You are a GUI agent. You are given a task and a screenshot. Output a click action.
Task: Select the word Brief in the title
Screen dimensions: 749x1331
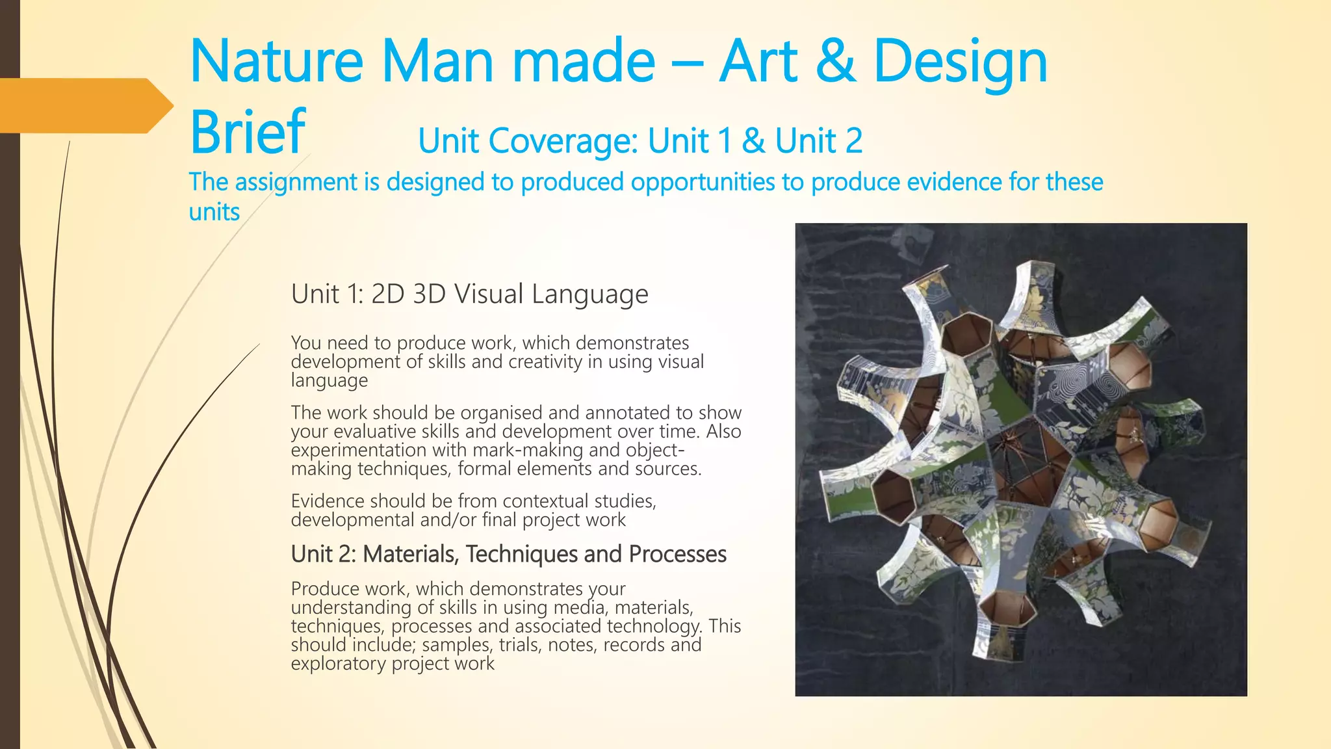247,132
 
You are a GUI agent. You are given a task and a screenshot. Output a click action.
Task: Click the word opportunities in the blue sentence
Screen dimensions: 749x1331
703,183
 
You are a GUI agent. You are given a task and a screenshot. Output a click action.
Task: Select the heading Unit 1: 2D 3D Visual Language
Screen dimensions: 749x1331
469,294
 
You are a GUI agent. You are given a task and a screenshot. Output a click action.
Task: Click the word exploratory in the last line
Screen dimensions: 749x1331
338,664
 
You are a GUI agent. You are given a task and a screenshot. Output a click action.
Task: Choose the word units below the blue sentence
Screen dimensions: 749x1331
214,213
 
